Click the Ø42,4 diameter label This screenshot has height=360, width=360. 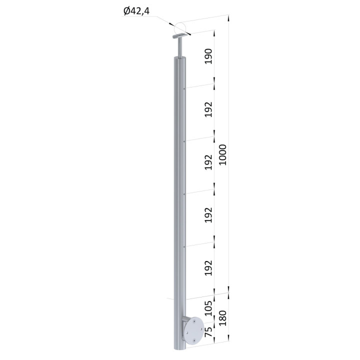(x=136, y=11)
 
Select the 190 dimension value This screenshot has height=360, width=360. (x=208, y=56)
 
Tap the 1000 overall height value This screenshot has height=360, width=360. (x=222, y=154)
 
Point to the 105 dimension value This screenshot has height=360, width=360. (x=208, y=308)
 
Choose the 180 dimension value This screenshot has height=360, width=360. (x=222, y=318)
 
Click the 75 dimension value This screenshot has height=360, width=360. (x=208, y=332)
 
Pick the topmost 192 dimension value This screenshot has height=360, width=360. (x=208, y=109)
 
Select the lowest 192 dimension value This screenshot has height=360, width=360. (x=208, y=268)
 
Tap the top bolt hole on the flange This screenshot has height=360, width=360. (x=194, y=322)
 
